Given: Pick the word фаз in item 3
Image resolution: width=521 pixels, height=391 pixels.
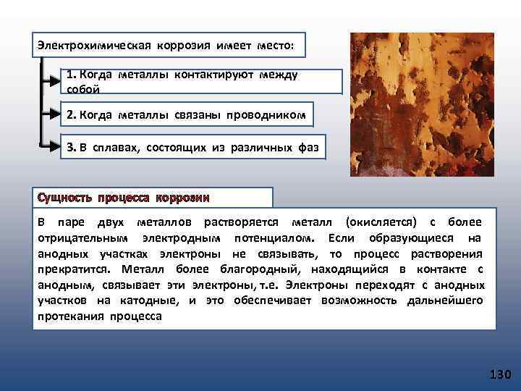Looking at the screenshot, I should [x=307, y=148].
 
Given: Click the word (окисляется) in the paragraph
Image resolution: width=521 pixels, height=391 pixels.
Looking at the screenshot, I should [x=381, y=221].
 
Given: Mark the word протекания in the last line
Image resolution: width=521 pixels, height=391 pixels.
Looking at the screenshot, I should [x=70, y=316].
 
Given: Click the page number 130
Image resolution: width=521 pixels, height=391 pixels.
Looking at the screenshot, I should [x=500, y=375].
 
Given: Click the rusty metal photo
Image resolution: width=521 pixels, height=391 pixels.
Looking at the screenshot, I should [x=422, y=104].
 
